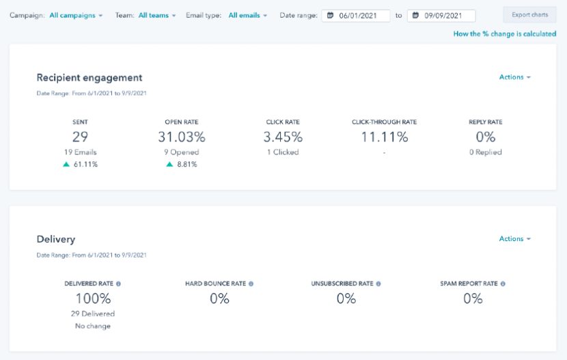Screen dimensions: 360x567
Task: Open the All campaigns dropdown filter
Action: tap(76, 15)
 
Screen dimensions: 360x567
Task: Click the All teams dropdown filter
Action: tap(156, 15)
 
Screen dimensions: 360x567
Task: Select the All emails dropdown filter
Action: tap(247, 15)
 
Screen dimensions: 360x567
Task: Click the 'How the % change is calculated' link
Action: tap(504, 34)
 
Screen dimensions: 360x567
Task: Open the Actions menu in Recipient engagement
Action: tap(514, 77)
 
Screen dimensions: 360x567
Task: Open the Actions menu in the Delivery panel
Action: tap(514, 239)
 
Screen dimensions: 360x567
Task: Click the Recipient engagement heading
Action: tap(89, 78)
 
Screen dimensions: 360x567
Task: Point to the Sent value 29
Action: tap(80, 137)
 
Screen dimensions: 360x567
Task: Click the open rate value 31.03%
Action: tap(181, 137)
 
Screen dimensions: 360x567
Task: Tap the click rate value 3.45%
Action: tap(283, 137)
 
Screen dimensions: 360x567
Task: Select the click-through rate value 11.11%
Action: tap(384, 137)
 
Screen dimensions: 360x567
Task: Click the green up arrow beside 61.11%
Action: tap(66, 165)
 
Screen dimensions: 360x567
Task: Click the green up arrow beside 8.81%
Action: tap(169, 165)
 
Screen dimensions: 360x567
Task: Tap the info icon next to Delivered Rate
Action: tap(118, 283)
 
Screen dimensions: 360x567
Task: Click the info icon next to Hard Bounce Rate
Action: tap(251, 283)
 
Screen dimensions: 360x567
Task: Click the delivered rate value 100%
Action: tap(93, 299)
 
